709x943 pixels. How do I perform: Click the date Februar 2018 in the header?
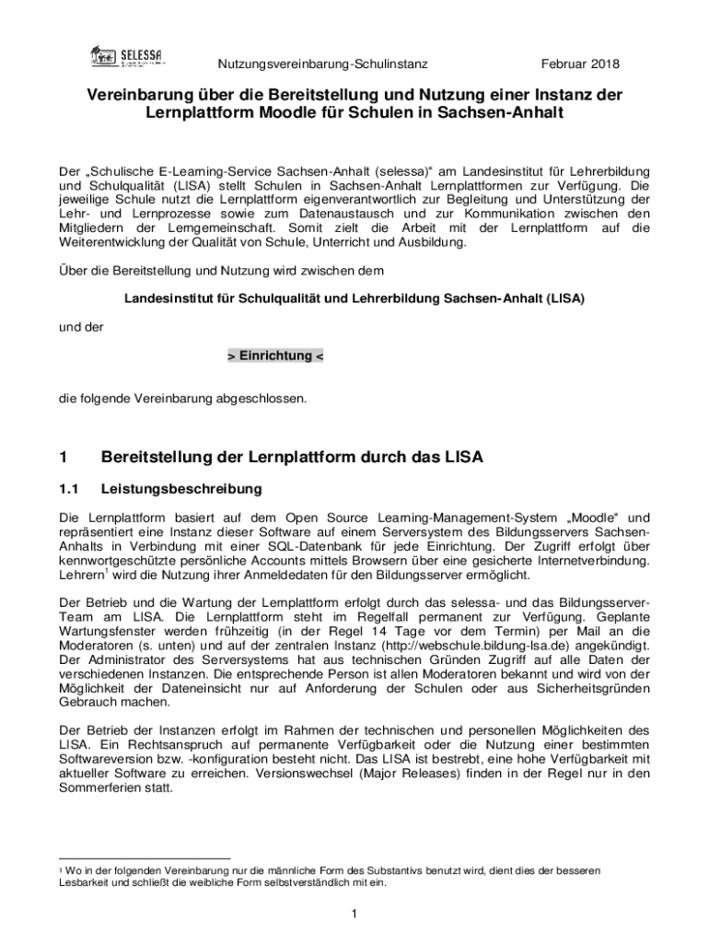pyautogui.click(x=581, y=64)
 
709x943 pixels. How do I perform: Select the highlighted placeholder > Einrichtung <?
pyautogui.click(x=275, y=355)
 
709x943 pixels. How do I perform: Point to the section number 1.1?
pyautogui.click(x=70, y=488)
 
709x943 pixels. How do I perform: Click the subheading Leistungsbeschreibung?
pyautogui.click(x=181, y=488)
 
